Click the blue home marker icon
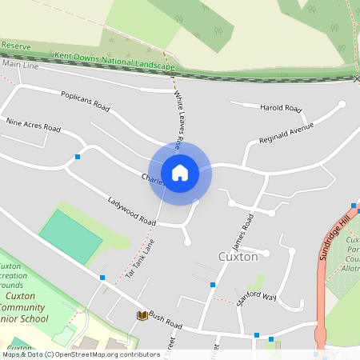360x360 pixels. point(180,172)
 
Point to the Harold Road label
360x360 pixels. point(280,108)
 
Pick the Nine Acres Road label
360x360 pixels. point(33,126)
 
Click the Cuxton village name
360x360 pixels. point(238,257)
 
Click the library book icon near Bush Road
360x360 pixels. point(142,316)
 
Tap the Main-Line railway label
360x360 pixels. point(21,63)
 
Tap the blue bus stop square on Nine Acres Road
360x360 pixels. point(78,156)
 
